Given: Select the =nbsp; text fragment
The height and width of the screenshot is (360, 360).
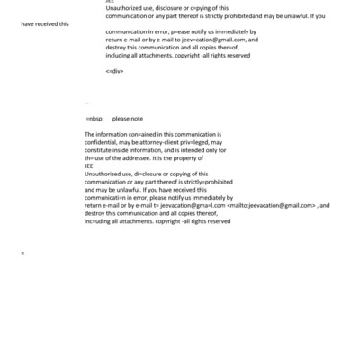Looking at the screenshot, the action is click(x=94, y=118).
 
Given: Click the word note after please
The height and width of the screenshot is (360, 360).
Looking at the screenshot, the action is click(x=135, y=118).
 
